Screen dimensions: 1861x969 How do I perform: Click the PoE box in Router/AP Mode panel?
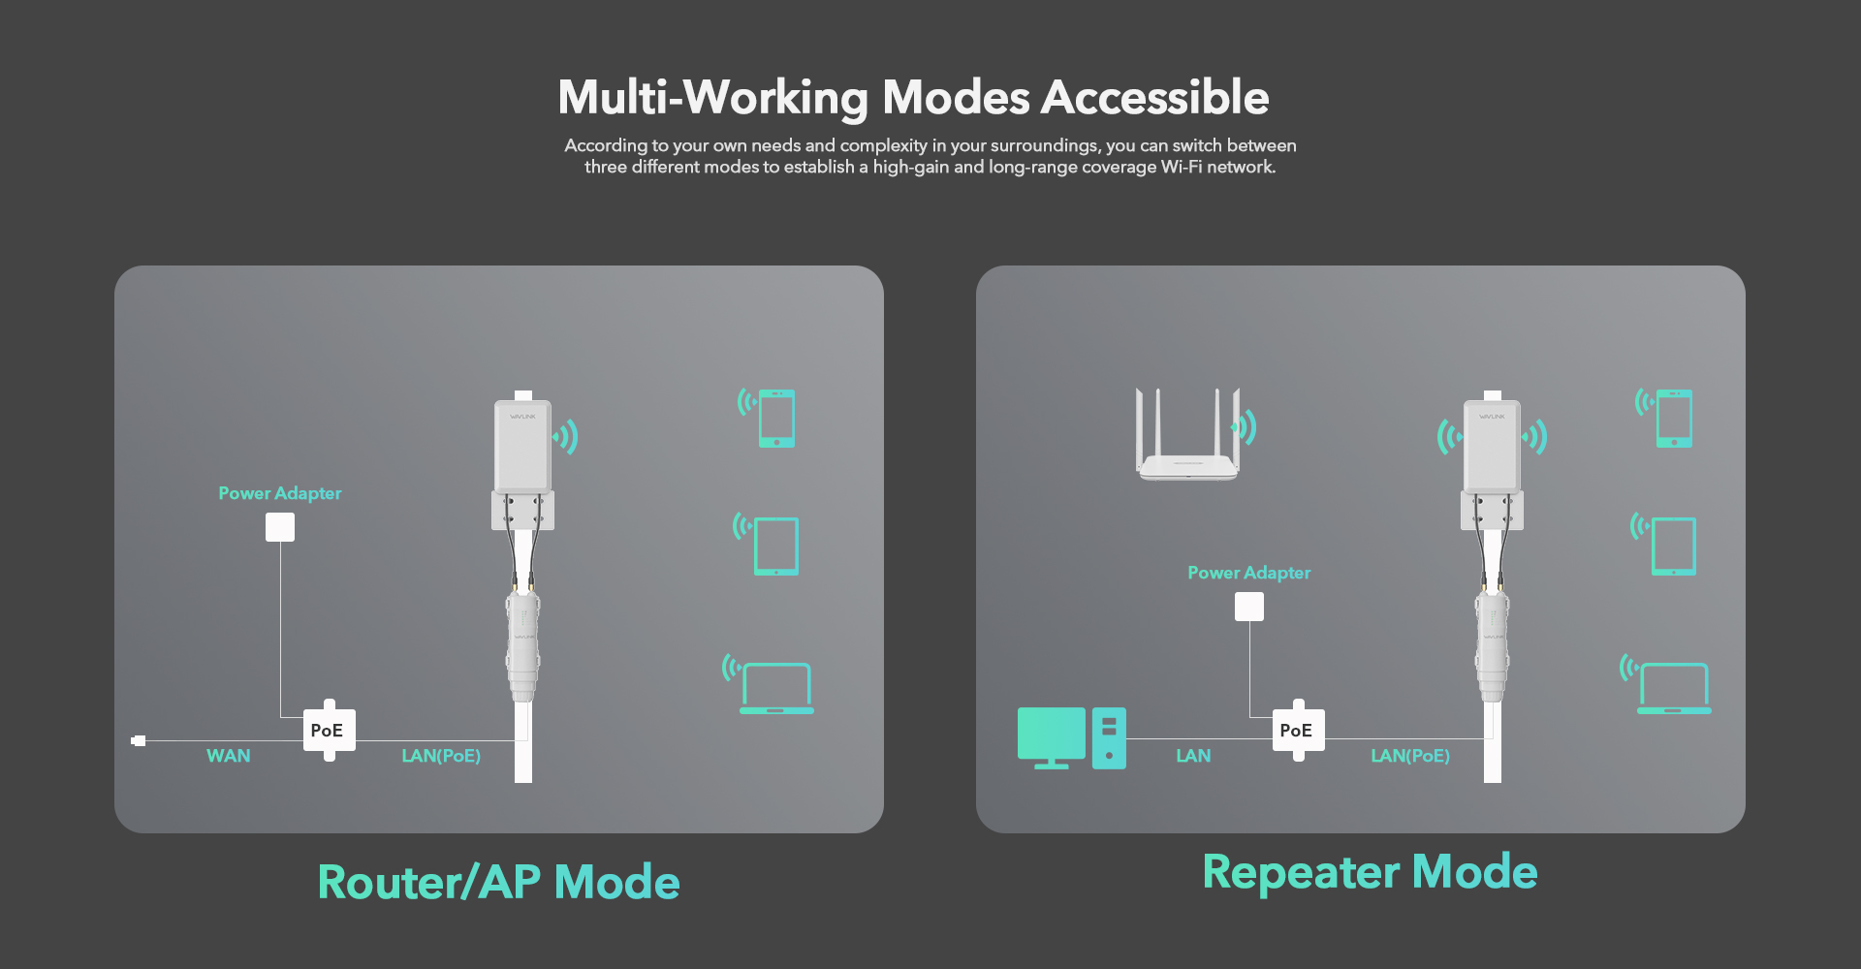click(330, 730)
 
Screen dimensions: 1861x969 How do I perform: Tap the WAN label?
click(229, 756)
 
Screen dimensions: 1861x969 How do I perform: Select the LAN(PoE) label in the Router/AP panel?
click(441, 756)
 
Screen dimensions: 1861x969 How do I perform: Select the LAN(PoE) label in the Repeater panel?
click(1410, 756)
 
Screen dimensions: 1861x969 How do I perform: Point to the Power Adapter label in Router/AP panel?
click(280, 493)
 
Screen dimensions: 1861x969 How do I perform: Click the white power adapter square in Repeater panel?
click(1249, 607)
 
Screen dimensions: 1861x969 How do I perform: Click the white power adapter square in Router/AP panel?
click(280, 527)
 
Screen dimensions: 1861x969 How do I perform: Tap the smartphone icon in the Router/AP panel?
click(776, 419)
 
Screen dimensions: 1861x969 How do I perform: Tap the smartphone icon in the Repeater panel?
click(1674, 419)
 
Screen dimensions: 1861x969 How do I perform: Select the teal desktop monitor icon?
click(1052, 737)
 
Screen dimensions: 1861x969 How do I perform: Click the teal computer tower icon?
click(1109, 738)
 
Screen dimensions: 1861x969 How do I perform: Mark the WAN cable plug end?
click(139, 740)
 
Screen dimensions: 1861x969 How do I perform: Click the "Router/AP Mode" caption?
click(499, 883)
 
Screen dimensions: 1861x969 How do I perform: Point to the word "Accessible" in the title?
click(1155, 98)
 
